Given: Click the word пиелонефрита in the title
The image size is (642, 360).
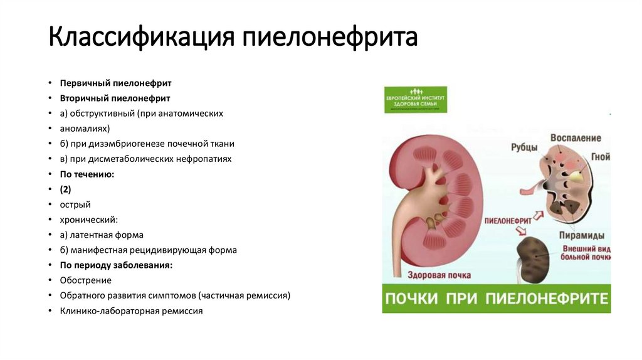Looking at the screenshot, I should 330,38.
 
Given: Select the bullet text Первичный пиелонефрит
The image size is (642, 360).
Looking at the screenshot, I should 115,83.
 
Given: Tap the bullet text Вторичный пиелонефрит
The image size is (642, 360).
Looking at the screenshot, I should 115,98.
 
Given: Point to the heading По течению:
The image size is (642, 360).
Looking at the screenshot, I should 87,174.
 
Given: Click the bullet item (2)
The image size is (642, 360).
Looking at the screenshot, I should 66,189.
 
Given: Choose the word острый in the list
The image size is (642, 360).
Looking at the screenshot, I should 75,204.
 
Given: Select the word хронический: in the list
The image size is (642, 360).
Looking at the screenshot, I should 89,220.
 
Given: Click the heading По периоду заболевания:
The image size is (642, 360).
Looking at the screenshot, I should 116,265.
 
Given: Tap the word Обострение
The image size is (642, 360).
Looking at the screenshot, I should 86,280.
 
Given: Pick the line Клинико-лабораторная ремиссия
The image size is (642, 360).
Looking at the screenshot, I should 131,310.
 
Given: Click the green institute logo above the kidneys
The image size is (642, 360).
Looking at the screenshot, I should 415,100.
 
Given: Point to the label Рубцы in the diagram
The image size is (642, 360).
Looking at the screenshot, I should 524,147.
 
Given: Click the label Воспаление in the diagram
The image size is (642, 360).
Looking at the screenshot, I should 576,138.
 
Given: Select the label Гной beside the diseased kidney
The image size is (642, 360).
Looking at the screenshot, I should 600,157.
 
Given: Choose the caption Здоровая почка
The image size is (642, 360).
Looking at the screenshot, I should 439,275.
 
